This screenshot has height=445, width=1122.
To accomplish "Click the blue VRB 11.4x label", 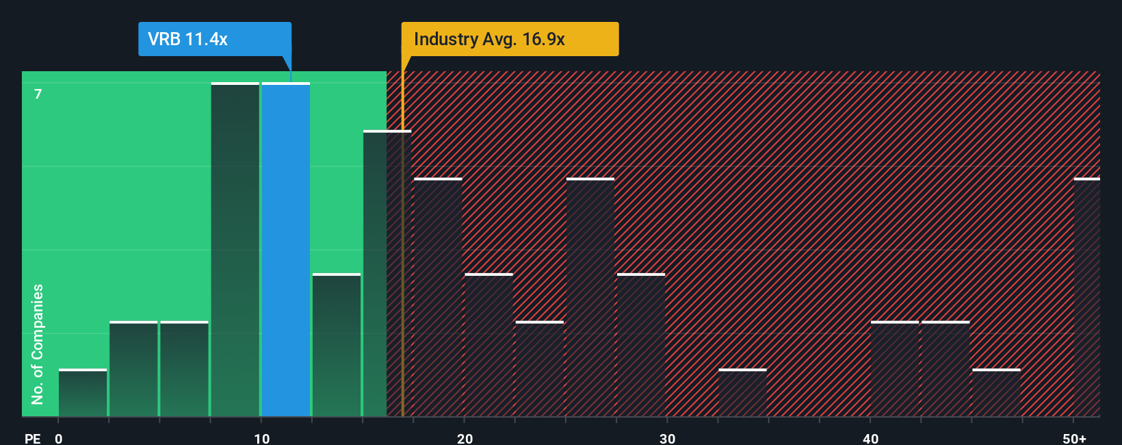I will pos(214,39).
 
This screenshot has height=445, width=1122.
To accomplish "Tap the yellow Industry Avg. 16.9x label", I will pos(510,39).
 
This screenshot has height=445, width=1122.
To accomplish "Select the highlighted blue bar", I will pos(286,250).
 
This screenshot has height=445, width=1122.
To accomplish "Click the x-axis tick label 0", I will pos(59,438).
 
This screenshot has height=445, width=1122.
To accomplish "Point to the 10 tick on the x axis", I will pos(262,438).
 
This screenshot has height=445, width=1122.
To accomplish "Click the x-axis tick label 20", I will pos(465,438).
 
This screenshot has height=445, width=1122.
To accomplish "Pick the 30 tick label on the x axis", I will pos(668,438).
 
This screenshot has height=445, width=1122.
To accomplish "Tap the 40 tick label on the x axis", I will pos(870,438).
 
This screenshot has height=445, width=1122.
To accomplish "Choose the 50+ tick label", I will pos(1074,438).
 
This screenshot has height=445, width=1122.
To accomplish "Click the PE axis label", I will pos(32,438).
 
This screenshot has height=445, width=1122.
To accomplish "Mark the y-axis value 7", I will pos(38,94).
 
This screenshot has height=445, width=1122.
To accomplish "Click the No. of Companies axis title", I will pos(38,344).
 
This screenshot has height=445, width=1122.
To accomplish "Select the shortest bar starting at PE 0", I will pos(83,393).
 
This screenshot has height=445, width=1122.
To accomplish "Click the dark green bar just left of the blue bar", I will pos(235,250).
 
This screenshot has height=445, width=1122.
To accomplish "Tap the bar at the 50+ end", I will pos(1086,298).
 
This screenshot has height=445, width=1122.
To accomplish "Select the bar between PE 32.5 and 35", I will pos(742,393).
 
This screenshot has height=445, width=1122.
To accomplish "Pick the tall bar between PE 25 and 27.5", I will pos(590,298).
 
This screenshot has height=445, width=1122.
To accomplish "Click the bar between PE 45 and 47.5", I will pos(996,393).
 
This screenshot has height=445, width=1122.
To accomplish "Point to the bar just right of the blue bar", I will pos(337,346).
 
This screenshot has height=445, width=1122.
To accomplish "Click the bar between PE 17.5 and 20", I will pos(438,298).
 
